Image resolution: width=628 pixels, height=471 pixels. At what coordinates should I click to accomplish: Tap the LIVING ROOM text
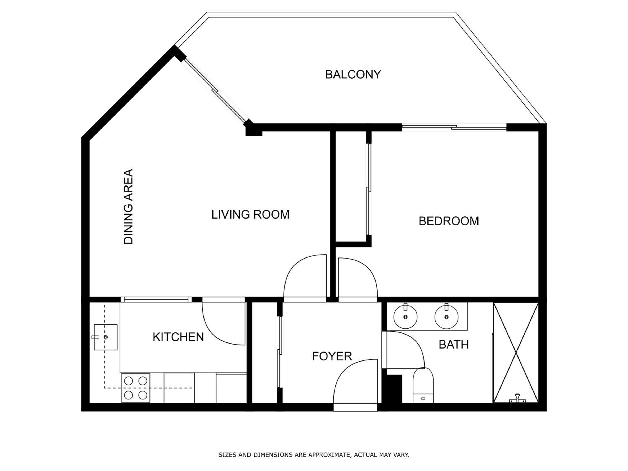[250, 214]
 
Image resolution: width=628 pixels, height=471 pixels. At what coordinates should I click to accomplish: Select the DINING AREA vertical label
[128, 206]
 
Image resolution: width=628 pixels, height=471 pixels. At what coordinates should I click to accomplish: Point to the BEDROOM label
[449, 221]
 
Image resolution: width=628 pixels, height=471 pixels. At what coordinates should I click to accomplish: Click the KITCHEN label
[178, 337]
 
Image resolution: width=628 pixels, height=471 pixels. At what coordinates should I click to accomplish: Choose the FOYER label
[332, 356]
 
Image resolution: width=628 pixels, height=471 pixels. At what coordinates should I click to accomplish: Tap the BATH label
[454, 345]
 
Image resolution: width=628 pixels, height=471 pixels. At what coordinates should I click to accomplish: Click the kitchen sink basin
[106, 337]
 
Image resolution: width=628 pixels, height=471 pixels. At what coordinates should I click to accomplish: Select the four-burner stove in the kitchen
[135, 388]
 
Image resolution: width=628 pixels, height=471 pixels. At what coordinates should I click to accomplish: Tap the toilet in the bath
[423, 385]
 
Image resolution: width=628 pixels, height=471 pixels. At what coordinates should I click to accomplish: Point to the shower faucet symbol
[517, 399]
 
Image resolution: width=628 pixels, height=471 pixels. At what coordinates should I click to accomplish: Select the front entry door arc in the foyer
[340, 372]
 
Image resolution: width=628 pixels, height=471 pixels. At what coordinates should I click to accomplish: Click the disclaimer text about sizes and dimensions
[314, 454]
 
